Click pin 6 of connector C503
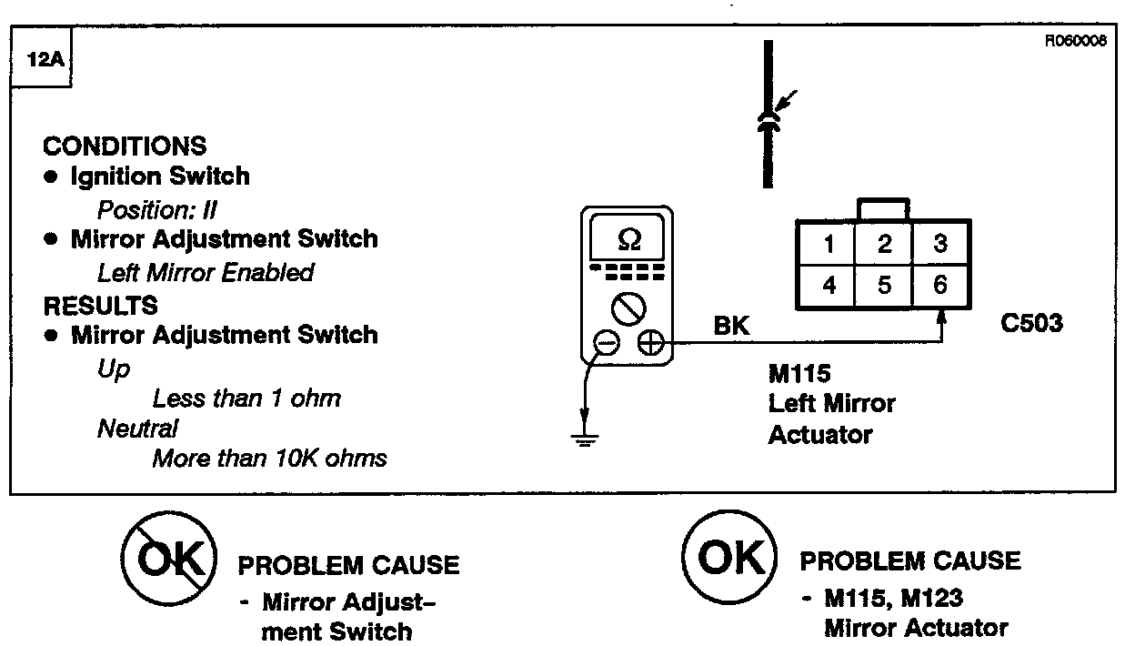click(x=939, y=285)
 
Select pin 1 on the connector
click(x=829, y=244)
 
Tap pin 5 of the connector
click(x=884, y=286)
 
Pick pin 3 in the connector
click(x=939, y=244)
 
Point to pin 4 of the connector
click(x=829, y=286)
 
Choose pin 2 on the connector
click(x=884, y=244)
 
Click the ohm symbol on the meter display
click(x=628, y=239)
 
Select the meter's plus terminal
click(x=649, y=343)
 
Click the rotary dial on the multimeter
click(x=628, y=308)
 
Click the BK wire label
click(x=732, y=327)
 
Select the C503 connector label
click(x=1031, y=323)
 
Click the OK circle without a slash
click(x=729, y=558)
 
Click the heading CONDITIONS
click(x=125, y=146)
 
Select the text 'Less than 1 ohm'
click(x=246, y=399)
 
